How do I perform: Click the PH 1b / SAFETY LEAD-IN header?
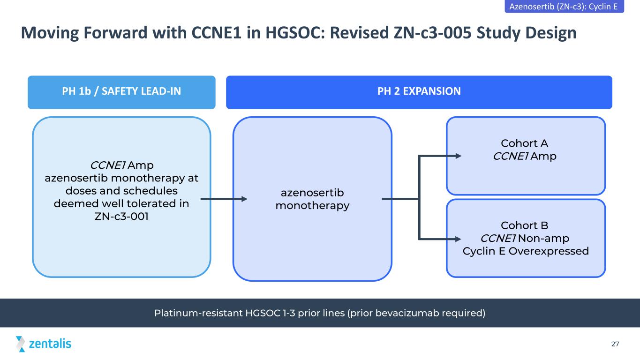tap(121, 92)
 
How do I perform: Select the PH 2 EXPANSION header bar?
tap(419, 92)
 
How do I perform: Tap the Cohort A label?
tap(524, 143)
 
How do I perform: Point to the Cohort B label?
tap(524, 225)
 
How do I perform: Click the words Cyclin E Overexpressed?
tap(526, 251)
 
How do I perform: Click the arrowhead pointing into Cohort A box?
tap(458, 156)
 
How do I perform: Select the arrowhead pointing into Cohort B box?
tap(458, 239)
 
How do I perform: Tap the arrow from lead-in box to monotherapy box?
tap(224, 199)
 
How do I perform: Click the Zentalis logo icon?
tap(20, 344)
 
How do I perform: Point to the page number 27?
tap(615, 344)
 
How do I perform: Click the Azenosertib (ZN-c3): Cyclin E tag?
tap(565, 6)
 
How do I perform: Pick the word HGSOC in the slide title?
tap(295, 32)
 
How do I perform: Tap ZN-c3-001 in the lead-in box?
tap(121, 216)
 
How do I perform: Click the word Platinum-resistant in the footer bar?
tap(199, 313)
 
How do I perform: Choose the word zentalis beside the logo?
tap(50, 344)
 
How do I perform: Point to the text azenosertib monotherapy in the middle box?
tap(312, 199)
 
